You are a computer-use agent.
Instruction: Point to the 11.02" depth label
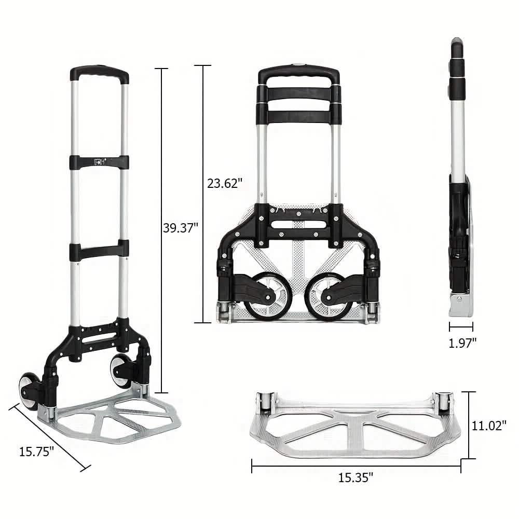[488, 426]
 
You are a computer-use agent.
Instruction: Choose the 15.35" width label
[356, 477]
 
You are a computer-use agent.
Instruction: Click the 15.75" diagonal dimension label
[36, 452]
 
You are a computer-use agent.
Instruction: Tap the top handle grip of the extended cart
[100, 73]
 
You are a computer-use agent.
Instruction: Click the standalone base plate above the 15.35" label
[356, 428]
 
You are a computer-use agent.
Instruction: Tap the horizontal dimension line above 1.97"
[461, 327]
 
